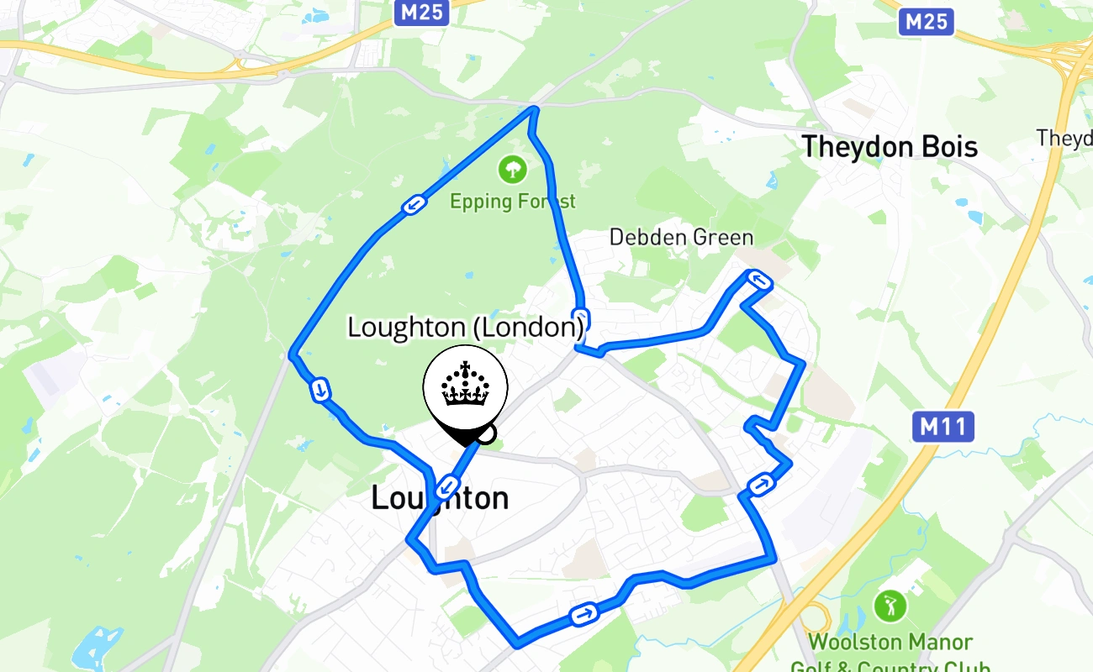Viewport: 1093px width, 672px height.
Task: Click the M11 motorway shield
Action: (943, 428)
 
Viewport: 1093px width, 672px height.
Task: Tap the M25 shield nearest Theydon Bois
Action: (926, 21)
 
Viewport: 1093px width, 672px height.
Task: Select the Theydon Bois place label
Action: (889, 147)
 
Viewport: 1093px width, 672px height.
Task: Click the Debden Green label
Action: (682, 237)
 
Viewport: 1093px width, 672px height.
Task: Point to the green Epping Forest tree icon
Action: (512, 170)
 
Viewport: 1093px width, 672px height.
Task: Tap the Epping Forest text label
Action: (513, 202)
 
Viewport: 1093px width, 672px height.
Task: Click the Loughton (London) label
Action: (466, 327)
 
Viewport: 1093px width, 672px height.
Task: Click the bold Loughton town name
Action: (440, 498)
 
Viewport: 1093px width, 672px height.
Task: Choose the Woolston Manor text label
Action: (890, 643)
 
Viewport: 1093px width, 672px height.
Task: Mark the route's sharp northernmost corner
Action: (533, 108)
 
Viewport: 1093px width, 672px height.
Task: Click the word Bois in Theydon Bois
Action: (948, 147)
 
